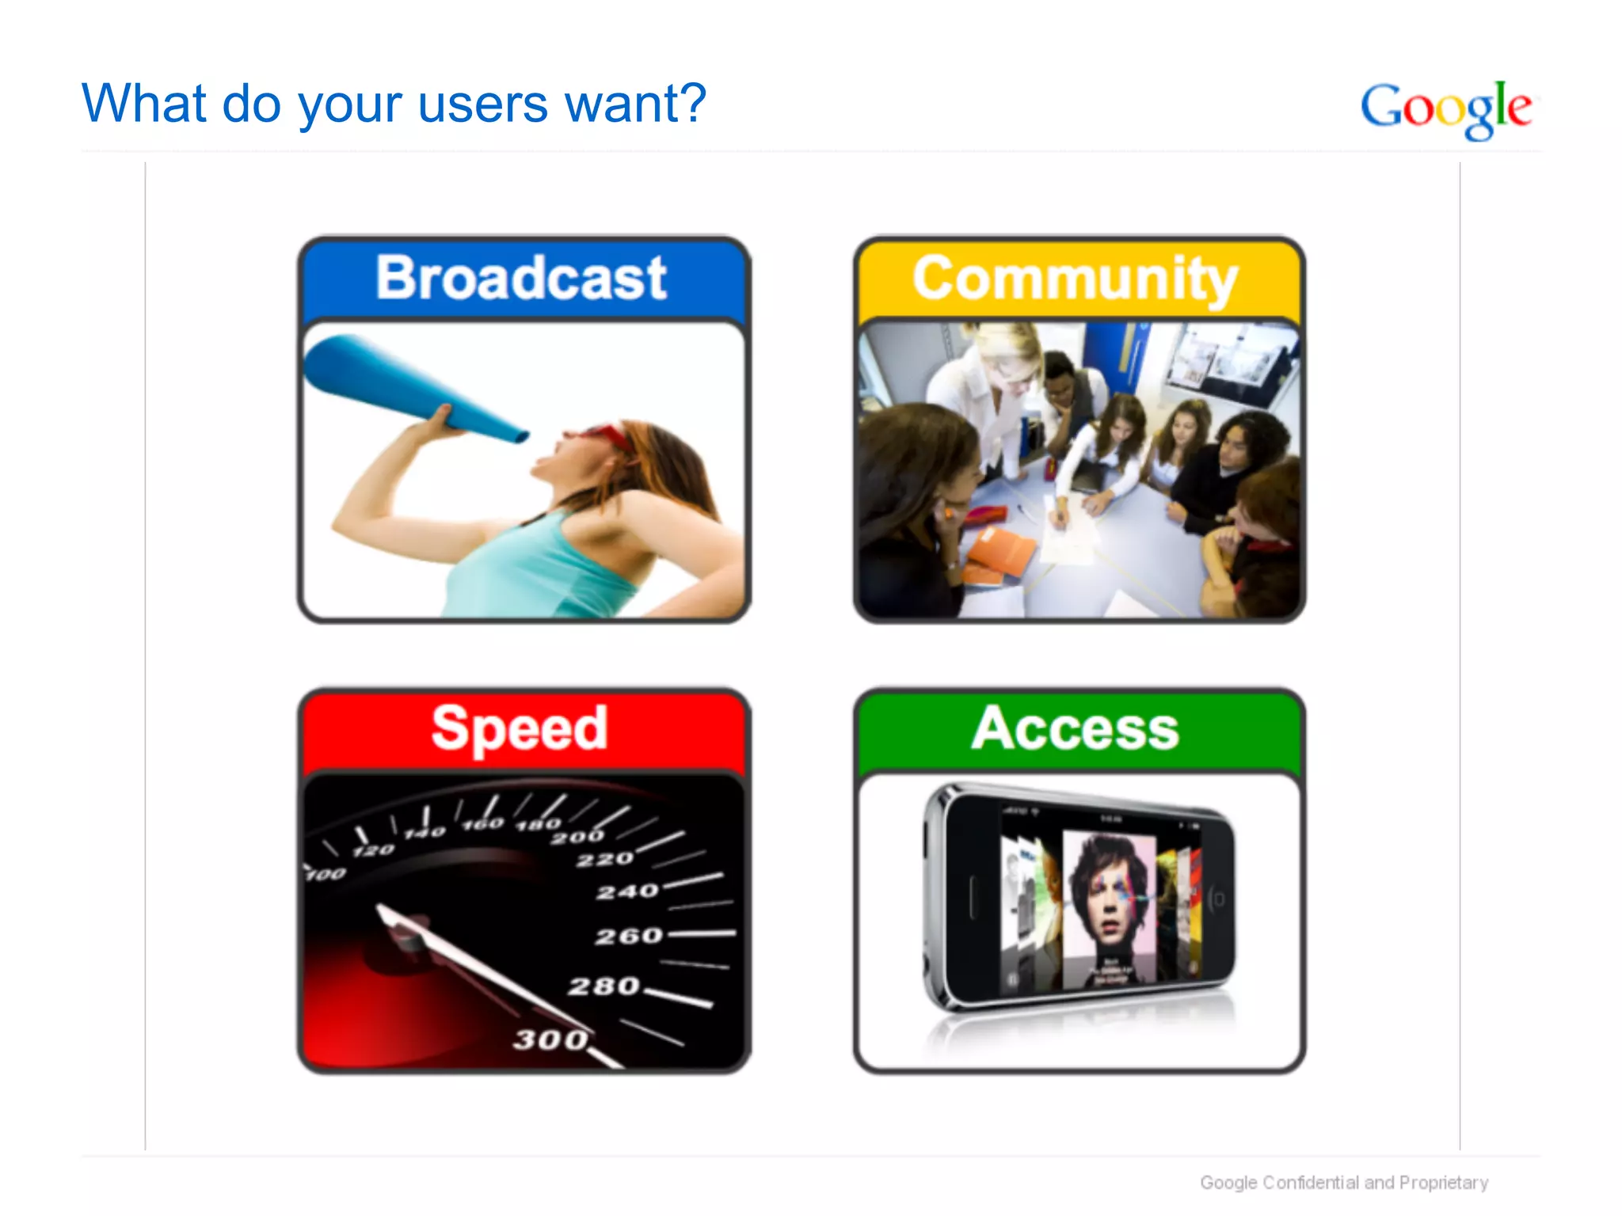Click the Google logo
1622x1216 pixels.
(x=1446, y=108)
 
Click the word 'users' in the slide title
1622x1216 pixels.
(x=482, y=104)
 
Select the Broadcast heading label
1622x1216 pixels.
(x=521, y=279)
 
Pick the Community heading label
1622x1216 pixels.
(x=1076, y=279)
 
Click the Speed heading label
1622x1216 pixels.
(x=520, y=728)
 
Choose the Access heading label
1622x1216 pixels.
(x=1076, y=728)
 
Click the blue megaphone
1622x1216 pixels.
(x=404, y=388)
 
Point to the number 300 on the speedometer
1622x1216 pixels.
(x=550, y=1039)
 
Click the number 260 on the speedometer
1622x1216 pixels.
(x=629, y=936)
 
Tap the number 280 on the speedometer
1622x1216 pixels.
(x=603, y=986)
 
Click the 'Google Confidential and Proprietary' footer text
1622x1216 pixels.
(x=1344, y=1183)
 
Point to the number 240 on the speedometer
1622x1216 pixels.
(x=627, y=892)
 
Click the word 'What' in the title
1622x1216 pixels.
(x=144, y=104)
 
